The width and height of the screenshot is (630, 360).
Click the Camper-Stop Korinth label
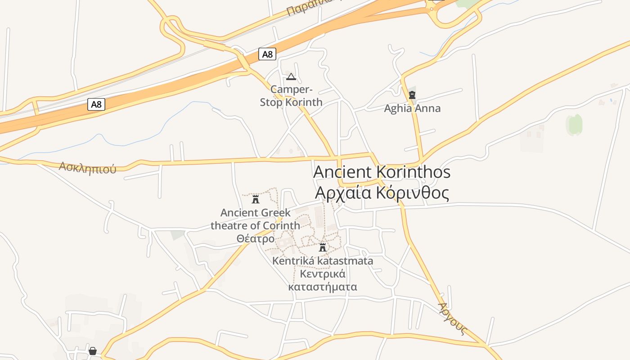291,96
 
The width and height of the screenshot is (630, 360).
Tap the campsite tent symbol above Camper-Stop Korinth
291,76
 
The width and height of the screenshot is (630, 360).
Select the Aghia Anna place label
412,108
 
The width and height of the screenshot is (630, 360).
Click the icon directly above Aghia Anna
412,95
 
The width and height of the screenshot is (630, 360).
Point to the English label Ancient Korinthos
382,172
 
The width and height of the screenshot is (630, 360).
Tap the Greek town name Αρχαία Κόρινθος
382,193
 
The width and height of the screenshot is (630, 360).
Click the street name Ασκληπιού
87,168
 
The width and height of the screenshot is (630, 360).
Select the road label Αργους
452,319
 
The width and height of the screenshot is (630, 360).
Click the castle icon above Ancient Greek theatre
256,199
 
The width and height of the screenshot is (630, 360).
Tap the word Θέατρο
255,238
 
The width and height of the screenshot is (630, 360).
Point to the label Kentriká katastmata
322,261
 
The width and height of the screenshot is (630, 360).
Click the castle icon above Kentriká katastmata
322,247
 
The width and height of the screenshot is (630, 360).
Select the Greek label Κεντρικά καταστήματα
322,280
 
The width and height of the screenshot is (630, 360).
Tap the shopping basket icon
93,351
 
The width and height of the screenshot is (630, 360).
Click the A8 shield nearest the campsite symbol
267,54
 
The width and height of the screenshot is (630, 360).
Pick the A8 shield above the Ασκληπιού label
96,105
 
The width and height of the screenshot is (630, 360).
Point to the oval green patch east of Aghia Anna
574,125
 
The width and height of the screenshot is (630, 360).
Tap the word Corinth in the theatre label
281,225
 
